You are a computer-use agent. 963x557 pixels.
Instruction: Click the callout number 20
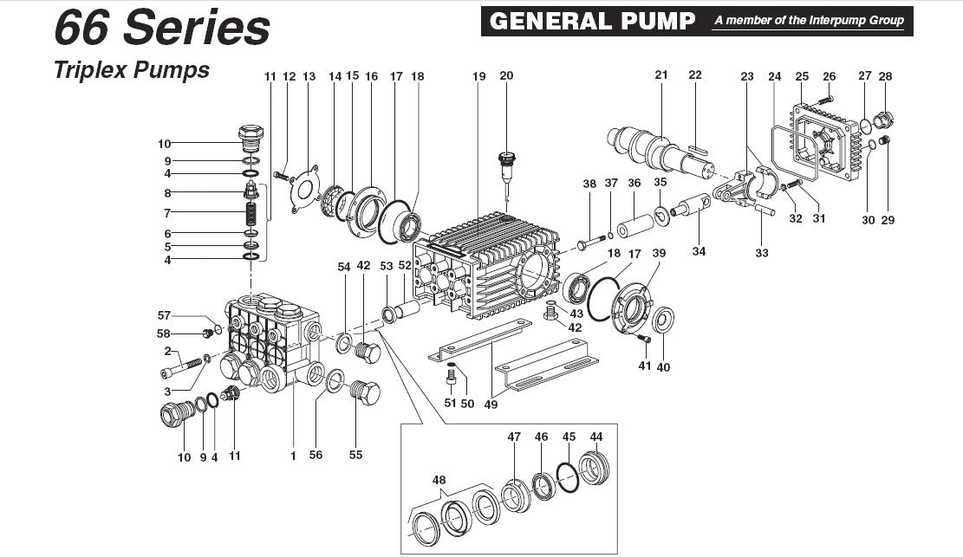point(506,76)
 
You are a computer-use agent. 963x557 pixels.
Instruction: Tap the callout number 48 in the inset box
point(440,480)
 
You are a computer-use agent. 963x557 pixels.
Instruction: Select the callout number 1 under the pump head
point(294,455)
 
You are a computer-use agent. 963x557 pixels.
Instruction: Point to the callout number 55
point(356,455)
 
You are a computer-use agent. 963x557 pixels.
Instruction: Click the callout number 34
point(699,252)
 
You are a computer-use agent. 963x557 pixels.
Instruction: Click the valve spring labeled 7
point(250,211)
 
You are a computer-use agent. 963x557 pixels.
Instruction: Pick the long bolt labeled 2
point(176,368)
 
